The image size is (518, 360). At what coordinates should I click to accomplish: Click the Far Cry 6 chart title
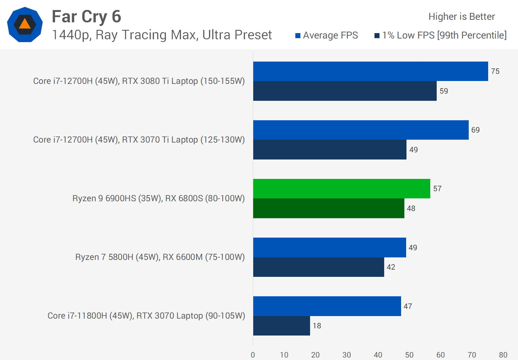tap(86, 17)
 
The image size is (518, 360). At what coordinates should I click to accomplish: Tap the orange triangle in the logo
tap(25, 24)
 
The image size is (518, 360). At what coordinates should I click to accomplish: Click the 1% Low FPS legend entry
tap(441, 35)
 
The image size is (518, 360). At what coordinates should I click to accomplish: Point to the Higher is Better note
tap(462, 17)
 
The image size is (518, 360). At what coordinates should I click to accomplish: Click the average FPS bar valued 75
tap(371, 71)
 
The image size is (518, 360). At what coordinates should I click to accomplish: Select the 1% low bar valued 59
tap(345, 91)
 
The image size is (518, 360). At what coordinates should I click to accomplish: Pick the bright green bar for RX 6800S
tap(341, 189)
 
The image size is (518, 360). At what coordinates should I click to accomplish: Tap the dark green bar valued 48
tap(328, 208)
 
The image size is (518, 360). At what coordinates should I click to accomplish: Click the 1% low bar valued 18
tap(281, 326)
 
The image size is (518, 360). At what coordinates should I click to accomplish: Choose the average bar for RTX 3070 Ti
tap(361, 130)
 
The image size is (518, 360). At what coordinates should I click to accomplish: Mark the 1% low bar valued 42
tap(318, 267)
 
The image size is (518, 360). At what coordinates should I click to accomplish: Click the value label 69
tap(476, 130)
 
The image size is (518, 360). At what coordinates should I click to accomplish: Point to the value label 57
tap(437, 189)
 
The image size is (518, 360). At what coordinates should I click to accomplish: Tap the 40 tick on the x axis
tap(378, 355)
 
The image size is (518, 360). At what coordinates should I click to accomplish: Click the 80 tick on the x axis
tap(503, 355)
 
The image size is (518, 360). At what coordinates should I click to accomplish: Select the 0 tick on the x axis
tap(253, 355)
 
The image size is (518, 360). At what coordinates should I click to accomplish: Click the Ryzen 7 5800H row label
tap(160, 257)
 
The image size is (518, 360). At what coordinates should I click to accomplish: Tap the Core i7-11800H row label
tap(146, 316)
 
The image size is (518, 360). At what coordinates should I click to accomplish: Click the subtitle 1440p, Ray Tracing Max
tap(162, 35)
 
